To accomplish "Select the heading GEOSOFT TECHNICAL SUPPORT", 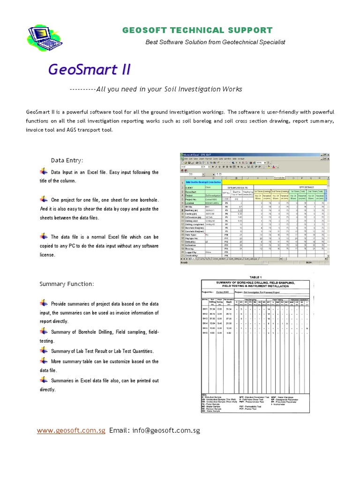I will pos(197,30).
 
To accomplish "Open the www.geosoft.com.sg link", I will pos(71,430).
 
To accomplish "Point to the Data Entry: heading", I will pos(67,161).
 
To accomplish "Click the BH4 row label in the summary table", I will pos(205,323).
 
